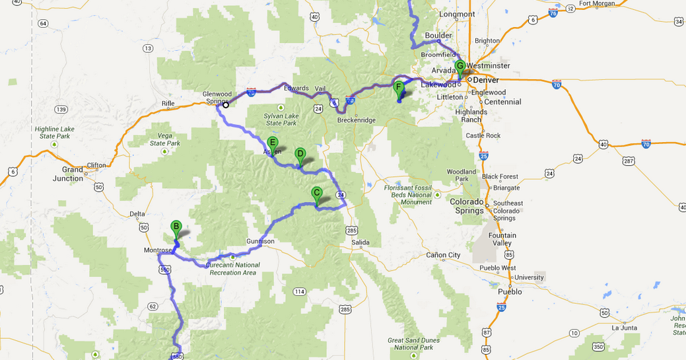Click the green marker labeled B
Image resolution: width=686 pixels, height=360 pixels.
(x=176, y=227)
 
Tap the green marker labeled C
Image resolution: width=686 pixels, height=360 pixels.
(x=316, y=194)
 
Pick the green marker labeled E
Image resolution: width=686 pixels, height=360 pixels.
(x=273, y=142)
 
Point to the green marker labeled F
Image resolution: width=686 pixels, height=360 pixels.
(x=398, y=87)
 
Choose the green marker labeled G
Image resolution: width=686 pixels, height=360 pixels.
(x=460, y=66)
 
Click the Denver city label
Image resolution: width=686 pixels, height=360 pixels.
(x=485, y=80)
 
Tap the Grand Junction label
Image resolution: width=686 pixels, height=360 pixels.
(x=69, y=174)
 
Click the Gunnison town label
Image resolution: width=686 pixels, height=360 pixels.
(x=260, y=242)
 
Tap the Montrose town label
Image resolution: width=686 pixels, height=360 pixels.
(x=158, y=250)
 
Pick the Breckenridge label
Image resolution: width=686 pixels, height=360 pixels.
(x=356, y=120)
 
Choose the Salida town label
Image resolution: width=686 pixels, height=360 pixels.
(x=360, y=242)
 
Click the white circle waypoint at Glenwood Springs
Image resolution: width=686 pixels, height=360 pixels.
(x=226, y=104)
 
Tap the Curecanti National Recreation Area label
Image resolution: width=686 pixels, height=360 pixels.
(x=232, y=268)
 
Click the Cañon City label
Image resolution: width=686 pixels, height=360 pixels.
(x=444, y=255)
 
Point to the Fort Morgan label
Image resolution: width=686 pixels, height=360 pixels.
(x=597, y=3)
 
